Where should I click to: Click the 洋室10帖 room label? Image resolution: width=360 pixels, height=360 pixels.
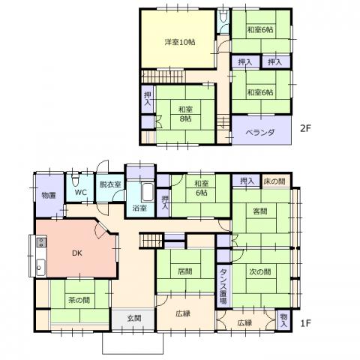(x=180, y=42)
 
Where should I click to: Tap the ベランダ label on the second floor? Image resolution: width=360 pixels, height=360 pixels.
(x=260, y=132)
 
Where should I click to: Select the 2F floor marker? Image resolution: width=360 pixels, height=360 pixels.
(x=305, y=128)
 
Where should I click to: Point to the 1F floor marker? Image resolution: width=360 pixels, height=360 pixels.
(x=305, y=323)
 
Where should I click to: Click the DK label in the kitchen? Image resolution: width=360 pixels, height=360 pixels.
(x=77, y=253)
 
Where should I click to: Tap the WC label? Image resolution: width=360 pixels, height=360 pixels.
(x=81, y=193)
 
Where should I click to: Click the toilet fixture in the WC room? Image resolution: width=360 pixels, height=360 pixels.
(x=75, y=180)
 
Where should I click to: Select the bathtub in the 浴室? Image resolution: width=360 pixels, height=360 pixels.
(x=148, y=193)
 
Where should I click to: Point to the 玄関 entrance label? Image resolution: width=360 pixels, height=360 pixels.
(x=134, y=318)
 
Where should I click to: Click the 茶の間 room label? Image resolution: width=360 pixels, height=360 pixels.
(x=79, y=299)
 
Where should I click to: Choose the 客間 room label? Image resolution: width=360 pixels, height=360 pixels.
(x=260, y=211)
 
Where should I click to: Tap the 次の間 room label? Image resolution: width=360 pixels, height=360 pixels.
(x=260, y=271)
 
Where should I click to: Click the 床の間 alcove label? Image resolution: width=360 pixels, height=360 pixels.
(x=274, y=181)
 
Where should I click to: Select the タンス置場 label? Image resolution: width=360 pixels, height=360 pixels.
(x=223, y=286)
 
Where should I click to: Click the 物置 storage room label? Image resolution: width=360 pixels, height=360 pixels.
(x=49, y=195)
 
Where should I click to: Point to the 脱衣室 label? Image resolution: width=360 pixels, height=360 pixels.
(x=110, y=184)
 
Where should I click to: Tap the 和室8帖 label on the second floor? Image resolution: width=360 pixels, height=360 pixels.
(x=185, y=114)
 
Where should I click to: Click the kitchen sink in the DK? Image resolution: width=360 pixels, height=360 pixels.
(x=40, y=268)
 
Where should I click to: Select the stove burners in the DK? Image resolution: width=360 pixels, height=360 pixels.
(x=41, y=242)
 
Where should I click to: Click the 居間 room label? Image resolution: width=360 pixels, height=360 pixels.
(x=185, y=271)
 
